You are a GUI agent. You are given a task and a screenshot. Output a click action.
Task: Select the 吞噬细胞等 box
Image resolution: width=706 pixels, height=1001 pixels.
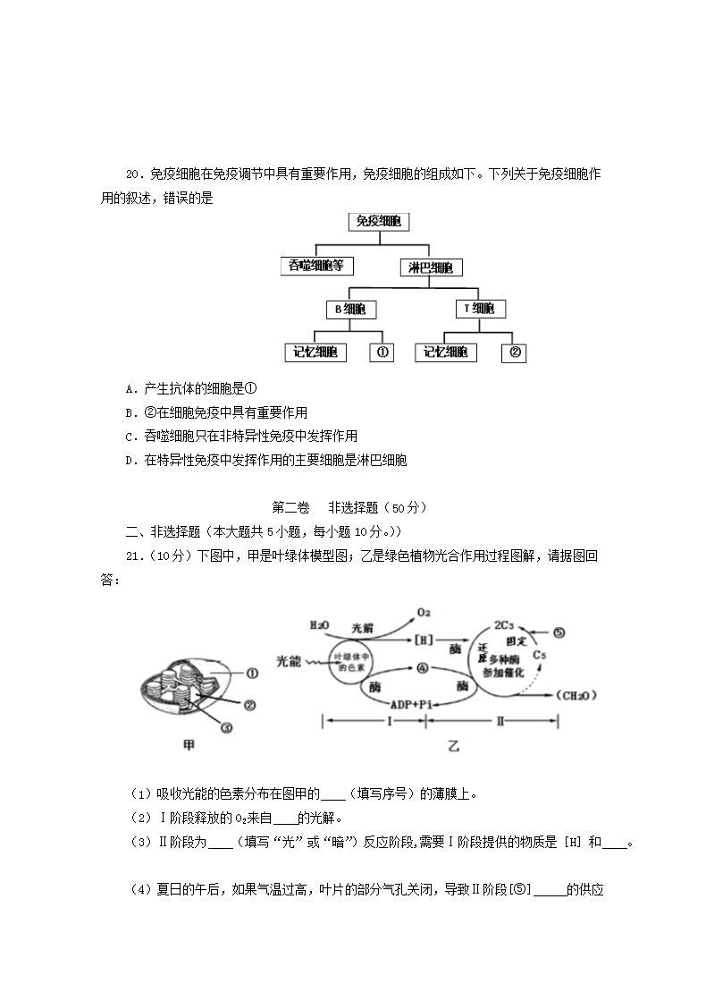[316, 266]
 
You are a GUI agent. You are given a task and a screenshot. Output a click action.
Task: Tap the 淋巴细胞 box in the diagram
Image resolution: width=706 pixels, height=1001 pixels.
[430, 267]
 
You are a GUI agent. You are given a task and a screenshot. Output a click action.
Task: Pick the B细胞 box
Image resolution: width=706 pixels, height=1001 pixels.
[349, 310]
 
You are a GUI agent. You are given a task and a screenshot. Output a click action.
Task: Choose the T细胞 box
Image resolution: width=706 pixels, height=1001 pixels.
[479, 310]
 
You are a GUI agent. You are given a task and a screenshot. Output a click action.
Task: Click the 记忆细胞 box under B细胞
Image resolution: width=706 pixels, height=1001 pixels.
[315, 352]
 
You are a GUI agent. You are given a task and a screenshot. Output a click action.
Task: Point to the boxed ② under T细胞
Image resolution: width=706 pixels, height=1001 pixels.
[514, 352]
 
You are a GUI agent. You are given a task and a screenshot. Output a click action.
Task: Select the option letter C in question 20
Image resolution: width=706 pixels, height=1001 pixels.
[130, 437]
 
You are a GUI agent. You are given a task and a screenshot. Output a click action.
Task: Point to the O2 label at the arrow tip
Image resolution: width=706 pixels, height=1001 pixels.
[424, 612]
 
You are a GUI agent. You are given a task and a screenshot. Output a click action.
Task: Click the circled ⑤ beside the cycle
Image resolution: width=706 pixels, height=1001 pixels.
[559, 632]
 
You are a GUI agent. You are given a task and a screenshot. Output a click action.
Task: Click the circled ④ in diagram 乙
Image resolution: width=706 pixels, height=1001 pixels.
[423, 667]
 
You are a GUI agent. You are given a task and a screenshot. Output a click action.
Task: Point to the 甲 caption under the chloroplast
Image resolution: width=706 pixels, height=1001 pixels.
[189, 744]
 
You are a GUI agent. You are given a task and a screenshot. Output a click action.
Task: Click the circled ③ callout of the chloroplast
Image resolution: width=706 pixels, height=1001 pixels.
[226, 727]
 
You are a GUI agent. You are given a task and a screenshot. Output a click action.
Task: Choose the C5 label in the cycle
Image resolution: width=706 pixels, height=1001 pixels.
[539, 656]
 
